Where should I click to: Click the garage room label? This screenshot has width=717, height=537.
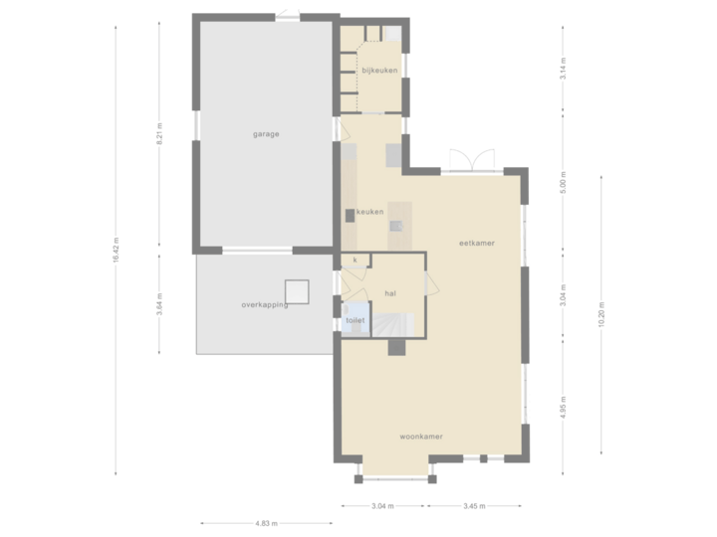click(265, 133)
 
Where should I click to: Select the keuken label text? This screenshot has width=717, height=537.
click(369, 212)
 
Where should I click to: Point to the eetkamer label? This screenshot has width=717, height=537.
click(476, 243)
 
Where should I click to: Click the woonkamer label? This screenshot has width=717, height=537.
click(420, 437)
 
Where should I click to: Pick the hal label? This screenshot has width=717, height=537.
click(390, 293)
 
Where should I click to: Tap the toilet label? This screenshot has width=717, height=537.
click(355, 321)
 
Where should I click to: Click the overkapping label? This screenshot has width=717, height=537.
click(264, 304)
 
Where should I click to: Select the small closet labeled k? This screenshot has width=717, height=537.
click(355, 260)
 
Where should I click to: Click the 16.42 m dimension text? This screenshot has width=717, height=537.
click(117, 248)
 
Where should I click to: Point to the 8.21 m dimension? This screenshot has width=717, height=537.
click(159, 135)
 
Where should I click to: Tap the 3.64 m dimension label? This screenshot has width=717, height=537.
click(159, 303)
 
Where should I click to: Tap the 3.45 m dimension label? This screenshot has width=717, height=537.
click(475, 506)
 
